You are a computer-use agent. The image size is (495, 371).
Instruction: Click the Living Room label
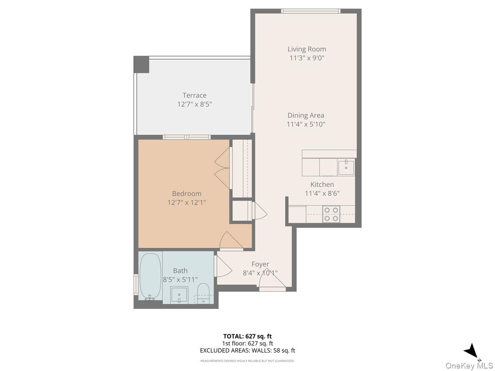pos(306,49)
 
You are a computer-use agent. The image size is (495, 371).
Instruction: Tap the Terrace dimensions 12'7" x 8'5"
pos(194,104)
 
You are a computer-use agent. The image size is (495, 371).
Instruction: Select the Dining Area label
pos(306,115)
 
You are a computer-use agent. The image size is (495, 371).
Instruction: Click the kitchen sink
pos(346,167)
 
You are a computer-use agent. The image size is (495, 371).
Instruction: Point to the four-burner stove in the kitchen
pos(331,214)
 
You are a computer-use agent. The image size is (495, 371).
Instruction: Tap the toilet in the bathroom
pos(203,294)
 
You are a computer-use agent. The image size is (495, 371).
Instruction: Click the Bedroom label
pos(186,193)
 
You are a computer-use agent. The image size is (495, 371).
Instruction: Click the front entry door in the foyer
pos(273,282)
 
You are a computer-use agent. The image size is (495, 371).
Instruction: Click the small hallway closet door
pos(259,211)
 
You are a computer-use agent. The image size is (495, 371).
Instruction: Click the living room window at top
pos(311,11)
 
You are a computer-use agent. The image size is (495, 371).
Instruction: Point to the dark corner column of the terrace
pos(141,65)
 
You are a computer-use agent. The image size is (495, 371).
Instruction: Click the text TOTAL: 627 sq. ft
pos(247,336)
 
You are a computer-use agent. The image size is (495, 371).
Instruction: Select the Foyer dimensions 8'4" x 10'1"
pos(260,272)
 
